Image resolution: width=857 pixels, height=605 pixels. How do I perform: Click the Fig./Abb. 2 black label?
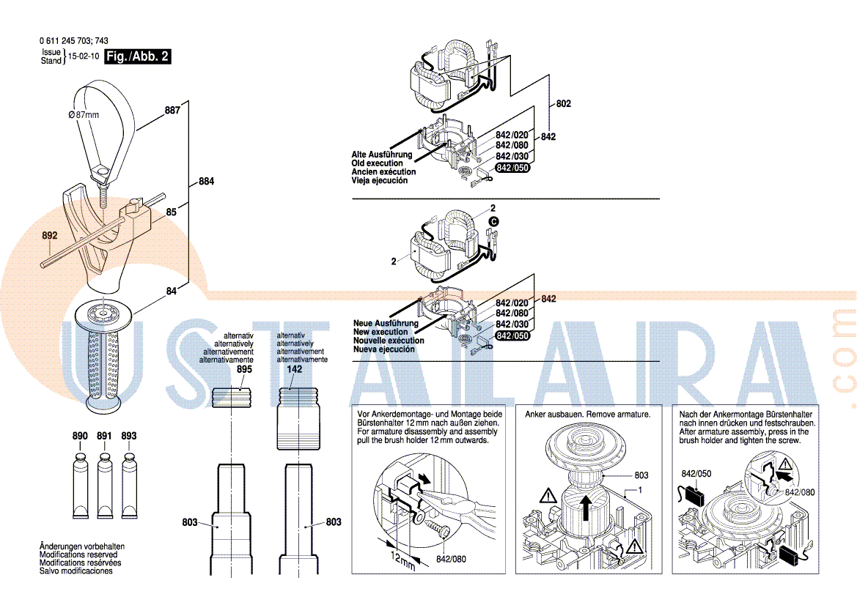pos(138,56)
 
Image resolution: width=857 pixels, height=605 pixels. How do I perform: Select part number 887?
pos(173,111)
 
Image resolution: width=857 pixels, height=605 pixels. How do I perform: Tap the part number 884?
pos(206,182)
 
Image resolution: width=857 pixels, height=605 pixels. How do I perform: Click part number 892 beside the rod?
pos(50,235)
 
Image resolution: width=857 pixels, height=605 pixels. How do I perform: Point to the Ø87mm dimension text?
pos(84,115)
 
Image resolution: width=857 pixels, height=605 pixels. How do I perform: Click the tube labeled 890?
pos(81,485)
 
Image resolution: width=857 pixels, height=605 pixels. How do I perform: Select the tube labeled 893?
pos(129,485)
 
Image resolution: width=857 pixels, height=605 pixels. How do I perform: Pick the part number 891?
pos(104,436)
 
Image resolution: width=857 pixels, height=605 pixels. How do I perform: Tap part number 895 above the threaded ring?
pos(244,369)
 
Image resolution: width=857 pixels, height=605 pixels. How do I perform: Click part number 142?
pos(295,369)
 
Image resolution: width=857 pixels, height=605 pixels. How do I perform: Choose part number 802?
pos(564,104)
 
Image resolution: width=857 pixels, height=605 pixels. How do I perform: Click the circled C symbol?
pos(493,222)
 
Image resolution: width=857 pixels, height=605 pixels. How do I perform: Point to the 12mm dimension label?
pos(402,561)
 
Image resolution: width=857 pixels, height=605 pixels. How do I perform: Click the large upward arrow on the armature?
pos(586,507)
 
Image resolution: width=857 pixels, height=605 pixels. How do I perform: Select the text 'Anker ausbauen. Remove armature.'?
pos(588,415)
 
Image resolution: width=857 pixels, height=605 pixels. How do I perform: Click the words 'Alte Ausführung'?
pos(382,155)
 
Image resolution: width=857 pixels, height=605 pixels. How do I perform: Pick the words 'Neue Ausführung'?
pos(386,323)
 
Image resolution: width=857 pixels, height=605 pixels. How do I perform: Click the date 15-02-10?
pos(84,56)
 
